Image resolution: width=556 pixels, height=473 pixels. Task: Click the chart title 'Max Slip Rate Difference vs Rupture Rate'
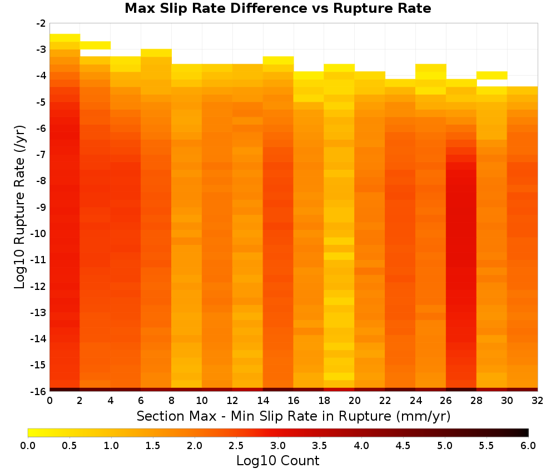(x=277, y=8)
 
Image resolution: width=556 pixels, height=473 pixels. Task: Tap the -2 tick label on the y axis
(x=41, y=24)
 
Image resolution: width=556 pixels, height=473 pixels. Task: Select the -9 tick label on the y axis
(x=41, y=207)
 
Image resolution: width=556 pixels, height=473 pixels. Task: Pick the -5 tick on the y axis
(x=41, y=102)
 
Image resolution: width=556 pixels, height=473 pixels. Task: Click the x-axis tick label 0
(x=49, y=401)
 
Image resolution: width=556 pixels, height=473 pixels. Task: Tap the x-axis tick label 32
(x=538, y=401)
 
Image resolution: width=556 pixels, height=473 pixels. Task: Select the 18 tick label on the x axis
(x=324, y=401)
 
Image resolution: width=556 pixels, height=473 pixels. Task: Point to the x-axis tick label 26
(x=446, y=401)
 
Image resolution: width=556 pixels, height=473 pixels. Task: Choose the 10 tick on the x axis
(x=202, y=401)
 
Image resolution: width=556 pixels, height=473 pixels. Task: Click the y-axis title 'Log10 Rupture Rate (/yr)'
(x=19, y=207)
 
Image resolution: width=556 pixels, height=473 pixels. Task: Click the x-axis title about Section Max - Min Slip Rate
(x=294, y=416)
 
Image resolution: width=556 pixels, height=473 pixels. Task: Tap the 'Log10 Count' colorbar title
(x=277, y=461)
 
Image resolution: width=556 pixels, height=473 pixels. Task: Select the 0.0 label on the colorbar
(x=28, y=446)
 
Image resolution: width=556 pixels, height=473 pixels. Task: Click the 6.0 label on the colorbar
(x=528, y=446)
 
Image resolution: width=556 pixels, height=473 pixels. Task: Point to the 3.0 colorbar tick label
(x=278, y=446)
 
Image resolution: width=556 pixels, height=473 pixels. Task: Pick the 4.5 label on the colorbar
(x=403, y=446)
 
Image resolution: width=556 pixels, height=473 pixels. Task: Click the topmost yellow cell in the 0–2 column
(x=65, y=38)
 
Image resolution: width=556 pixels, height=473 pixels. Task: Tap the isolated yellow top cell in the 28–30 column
(x=492, y=75)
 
